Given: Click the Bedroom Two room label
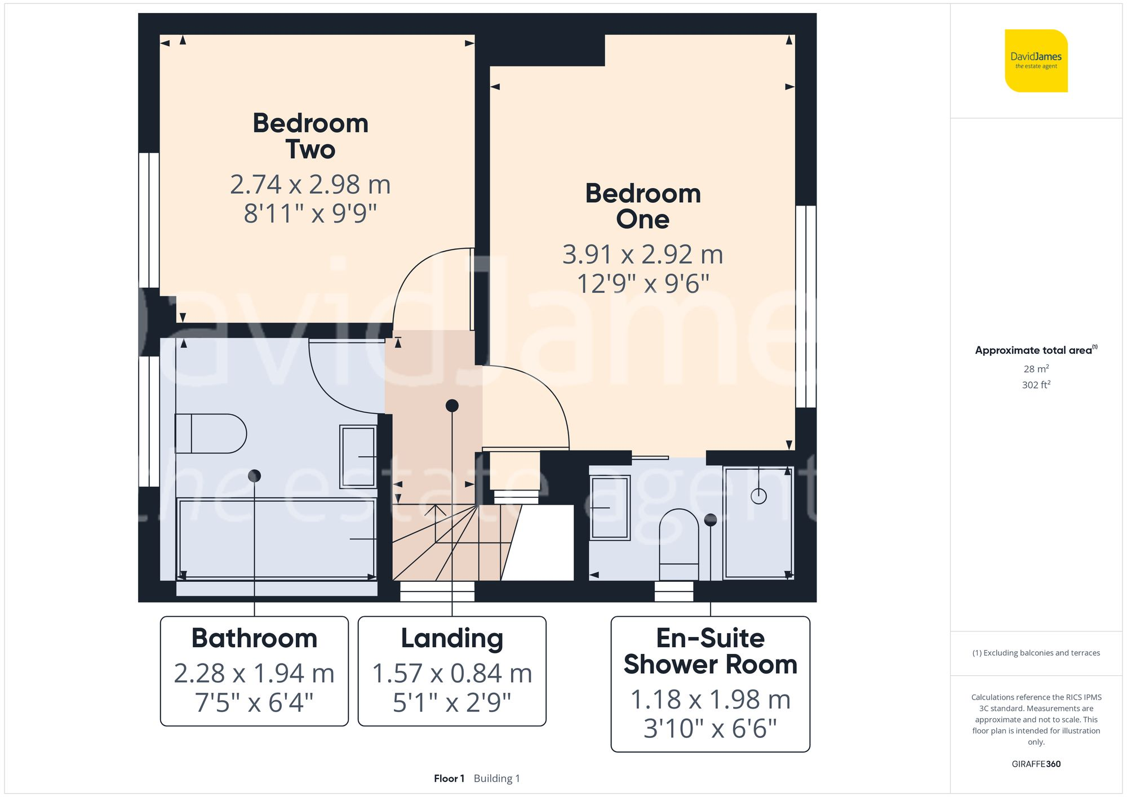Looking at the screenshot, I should click(310, 136).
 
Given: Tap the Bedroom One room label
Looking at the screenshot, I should click(643, 206).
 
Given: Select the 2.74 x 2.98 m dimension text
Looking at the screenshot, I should click(310, 185).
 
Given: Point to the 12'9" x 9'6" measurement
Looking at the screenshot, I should click(643, 283).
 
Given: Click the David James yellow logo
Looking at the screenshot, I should click(1036, 61).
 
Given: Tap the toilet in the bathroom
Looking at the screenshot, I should click(211, 434).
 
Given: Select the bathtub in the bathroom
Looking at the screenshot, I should click(276, 538).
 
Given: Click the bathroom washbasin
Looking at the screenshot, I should click(358, 456).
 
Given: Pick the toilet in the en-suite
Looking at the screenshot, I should click(679, 544).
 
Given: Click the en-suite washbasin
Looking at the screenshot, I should click(610, 507).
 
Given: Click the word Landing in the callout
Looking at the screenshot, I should click(452, 639).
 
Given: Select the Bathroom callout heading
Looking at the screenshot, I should click(254, 639).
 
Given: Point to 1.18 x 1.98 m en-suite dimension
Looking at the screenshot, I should click(710, 700).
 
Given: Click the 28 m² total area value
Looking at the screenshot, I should click(1036, 369).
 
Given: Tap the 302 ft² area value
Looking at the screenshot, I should click(1036, 385).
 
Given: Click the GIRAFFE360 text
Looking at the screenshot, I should click(1036, 764).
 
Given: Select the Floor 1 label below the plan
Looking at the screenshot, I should click(449, 778).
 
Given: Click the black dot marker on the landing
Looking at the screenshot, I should click(452, 406).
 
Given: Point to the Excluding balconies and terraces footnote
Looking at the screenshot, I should click(1036, 653).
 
